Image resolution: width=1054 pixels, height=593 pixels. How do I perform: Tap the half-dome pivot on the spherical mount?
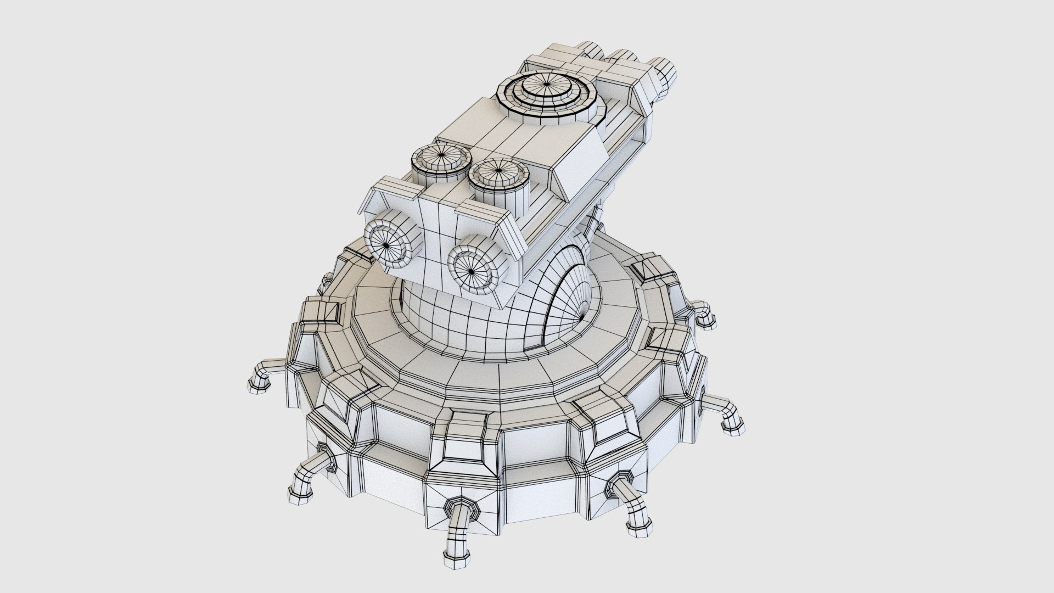click(571, 307)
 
